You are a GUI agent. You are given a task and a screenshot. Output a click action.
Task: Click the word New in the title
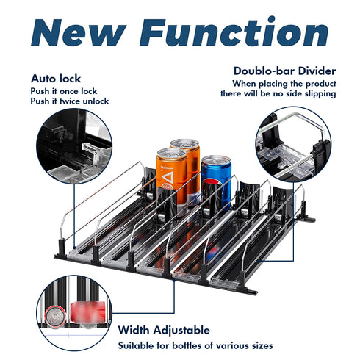[79, 32]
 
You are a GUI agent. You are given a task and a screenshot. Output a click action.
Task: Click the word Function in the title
[234, 31]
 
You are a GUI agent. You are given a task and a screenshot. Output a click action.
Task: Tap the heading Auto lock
[56, 79]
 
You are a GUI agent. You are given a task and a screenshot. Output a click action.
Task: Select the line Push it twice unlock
[70, 101]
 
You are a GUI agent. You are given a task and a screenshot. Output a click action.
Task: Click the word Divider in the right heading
[317, 71]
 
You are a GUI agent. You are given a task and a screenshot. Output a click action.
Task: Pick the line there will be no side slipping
[278, 94]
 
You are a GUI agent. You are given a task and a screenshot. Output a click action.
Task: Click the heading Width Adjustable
[164, 330]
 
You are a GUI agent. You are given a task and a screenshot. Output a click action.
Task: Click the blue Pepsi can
[216, 182]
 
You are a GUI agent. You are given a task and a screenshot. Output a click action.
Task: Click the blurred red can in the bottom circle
[88, 312]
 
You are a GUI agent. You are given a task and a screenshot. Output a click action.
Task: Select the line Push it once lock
[64, 91]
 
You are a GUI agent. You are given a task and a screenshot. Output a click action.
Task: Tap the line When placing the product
[284, 84]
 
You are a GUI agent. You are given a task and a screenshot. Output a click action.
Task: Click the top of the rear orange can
[185, 143]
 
